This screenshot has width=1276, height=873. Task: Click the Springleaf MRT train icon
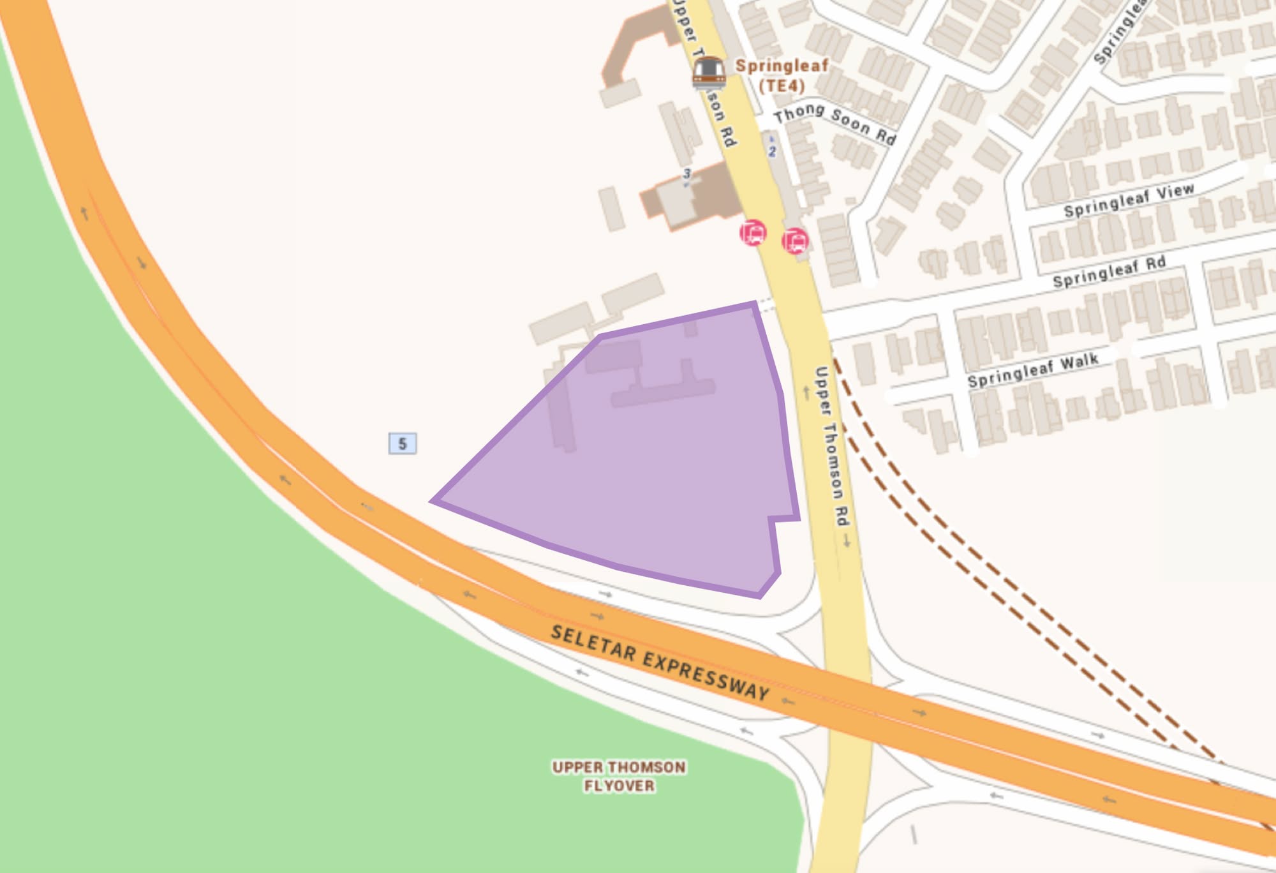709,72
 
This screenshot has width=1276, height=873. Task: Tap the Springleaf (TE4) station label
782,75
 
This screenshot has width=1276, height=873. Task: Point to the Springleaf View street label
1129,200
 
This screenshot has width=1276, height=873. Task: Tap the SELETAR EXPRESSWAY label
660,663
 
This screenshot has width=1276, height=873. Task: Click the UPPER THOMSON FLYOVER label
619,776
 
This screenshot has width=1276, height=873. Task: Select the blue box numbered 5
403,444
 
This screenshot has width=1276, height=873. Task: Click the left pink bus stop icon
753,232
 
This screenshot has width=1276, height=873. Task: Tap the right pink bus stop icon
795,241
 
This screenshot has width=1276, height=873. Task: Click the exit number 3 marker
686,174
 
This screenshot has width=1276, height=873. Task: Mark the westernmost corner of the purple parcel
433,502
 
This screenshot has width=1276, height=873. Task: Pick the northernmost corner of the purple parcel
755,304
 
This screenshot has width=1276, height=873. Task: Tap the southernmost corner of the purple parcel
759,596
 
